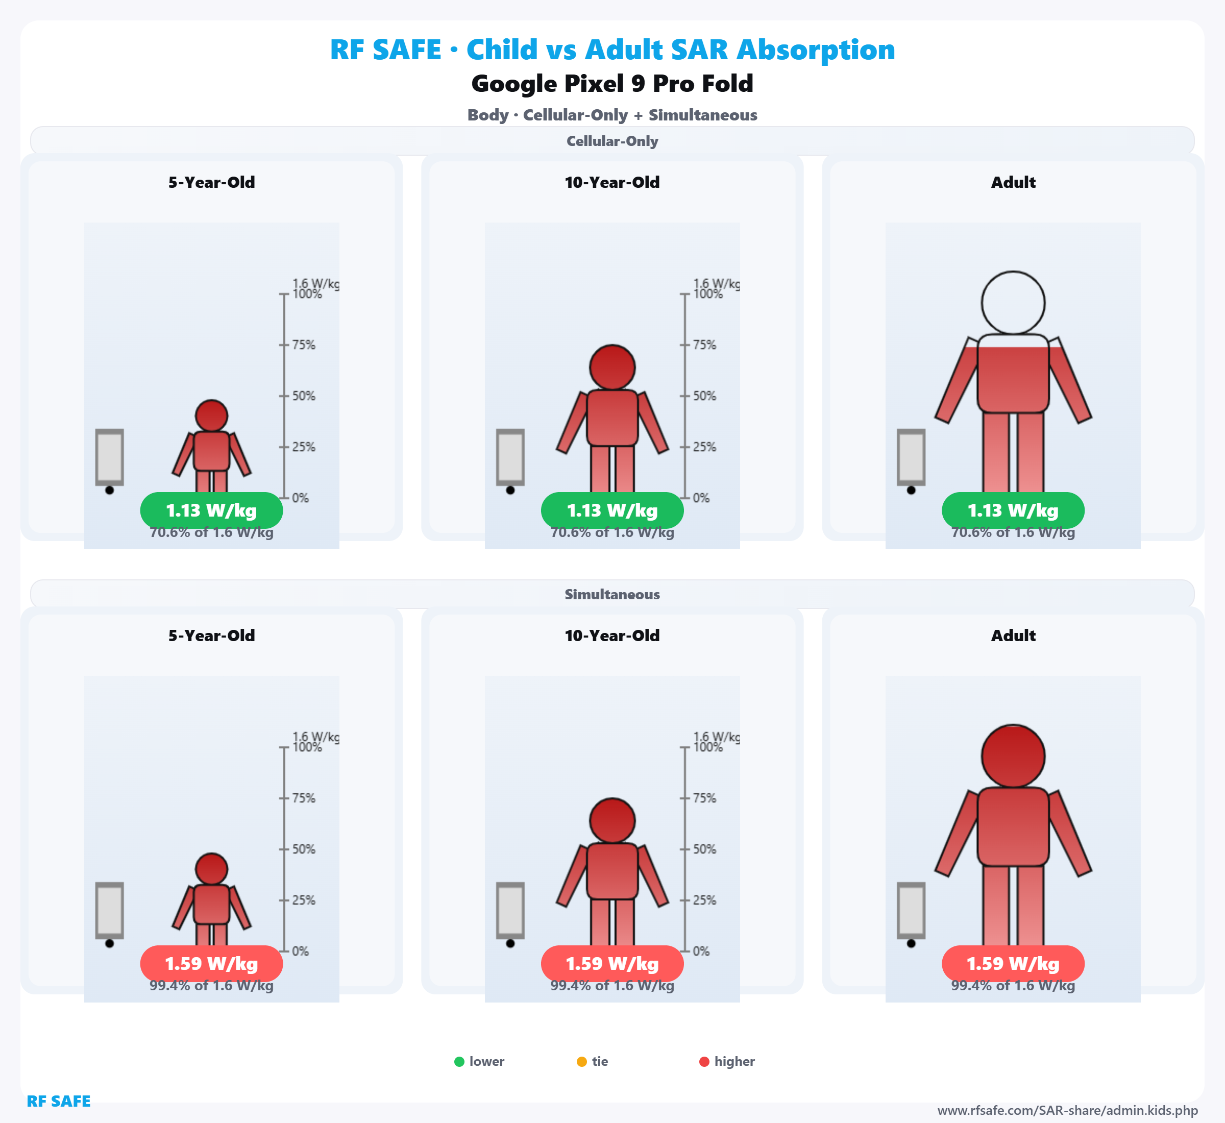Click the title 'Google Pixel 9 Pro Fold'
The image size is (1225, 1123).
tap(612, 83)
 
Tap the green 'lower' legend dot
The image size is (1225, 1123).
tap(459, 1062)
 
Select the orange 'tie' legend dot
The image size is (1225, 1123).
tap(581, 1062)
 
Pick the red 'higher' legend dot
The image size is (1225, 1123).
tap(704, 1062)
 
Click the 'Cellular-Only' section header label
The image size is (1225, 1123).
tap(612, 141)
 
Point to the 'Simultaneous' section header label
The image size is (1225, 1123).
tap(612, 594)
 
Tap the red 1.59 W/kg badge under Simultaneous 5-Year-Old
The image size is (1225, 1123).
tap(211, 963)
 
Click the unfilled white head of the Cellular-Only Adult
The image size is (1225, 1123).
tap(1013, 303)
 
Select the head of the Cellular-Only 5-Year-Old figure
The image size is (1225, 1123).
tap(211, 416)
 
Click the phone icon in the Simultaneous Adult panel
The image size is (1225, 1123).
tap(911, 910)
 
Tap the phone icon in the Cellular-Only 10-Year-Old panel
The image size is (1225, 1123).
tap(510, 457)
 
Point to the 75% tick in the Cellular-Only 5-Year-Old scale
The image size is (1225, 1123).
tap(284, 345)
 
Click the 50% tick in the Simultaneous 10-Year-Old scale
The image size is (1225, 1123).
tap(685, 849)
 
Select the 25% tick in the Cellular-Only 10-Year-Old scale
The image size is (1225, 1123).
tap(685, 447)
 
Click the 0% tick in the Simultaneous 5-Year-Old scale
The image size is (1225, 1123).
tap(284, 951)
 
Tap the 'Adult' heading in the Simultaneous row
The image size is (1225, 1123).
tap(1013, 636)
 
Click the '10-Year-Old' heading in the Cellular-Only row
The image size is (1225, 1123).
tap(612, 182)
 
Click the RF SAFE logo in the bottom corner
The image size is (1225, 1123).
tap(58, 1101)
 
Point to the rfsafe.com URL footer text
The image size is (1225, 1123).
tap(1067, 1111)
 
